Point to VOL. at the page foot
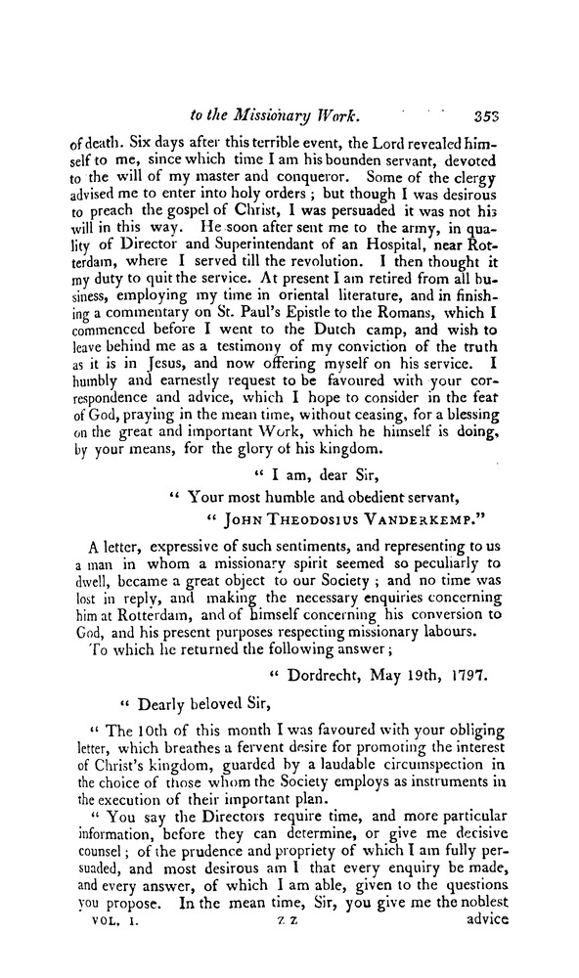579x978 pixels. (x=100, y=948)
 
